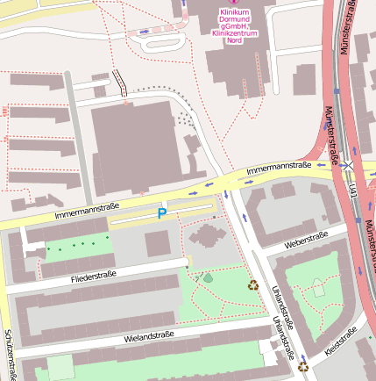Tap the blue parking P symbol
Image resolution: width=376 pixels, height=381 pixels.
(x=161, y=213)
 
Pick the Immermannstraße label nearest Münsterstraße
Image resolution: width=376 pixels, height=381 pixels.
(x=278, y=167)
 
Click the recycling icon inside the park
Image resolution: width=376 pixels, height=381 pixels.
(x=253, y=284)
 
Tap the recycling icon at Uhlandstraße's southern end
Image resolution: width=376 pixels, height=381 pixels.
(x=303, y=367)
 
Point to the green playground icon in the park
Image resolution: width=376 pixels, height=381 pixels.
(x=208, y=277)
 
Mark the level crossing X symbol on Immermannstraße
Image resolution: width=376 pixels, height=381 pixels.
(x=348, y=164)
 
